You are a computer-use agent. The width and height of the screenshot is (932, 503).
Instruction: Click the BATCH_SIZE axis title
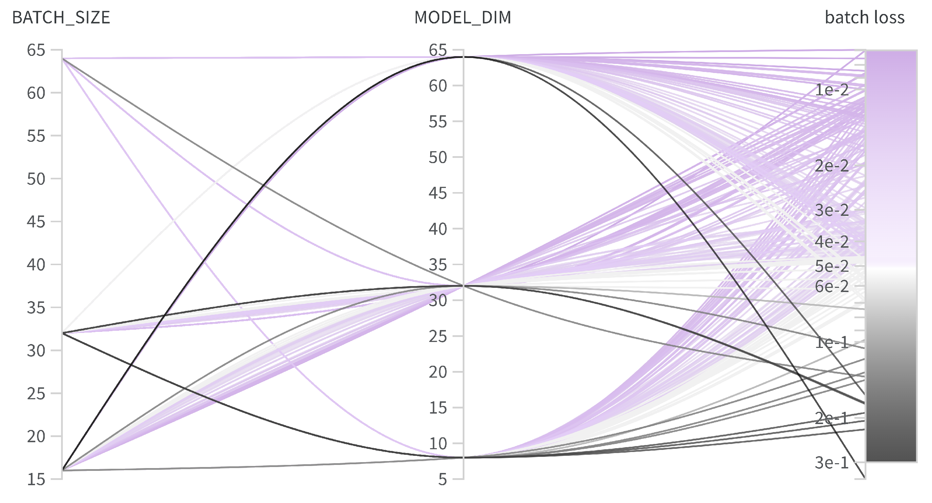61,17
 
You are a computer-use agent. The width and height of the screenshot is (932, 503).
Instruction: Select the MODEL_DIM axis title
463,17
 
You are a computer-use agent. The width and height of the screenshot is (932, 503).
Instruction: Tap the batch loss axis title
864,17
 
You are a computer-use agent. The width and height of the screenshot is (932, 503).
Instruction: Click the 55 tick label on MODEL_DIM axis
438,122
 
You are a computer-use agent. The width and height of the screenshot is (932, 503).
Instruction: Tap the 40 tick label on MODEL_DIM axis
438,229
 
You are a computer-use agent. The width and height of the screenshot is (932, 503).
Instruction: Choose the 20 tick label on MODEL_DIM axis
438,372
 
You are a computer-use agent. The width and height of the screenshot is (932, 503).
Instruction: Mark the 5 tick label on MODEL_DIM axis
442,480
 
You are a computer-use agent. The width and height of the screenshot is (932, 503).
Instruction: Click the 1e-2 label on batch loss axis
831,90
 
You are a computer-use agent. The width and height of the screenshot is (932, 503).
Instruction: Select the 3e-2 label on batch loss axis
831,210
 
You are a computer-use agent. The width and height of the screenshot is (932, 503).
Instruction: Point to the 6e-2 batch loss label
831,286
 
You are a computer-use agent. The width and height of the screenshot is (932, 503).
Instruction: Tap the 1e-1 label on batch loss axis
831,342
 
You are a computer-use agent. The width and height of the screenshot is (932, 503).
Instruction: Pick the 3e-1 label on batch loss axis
831,462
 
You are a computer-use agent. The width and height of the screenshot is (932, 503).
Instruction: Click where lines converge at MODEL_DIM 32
463,286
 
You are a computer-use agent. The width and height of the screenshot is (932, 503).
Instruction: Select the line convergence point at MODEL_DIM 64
463,57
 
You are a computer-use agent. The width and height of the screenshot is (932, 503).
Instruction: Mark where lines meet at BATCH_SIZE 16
62,470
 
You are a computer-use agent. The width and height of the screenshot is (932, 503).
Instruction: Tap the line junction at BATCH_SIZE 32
62,333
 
